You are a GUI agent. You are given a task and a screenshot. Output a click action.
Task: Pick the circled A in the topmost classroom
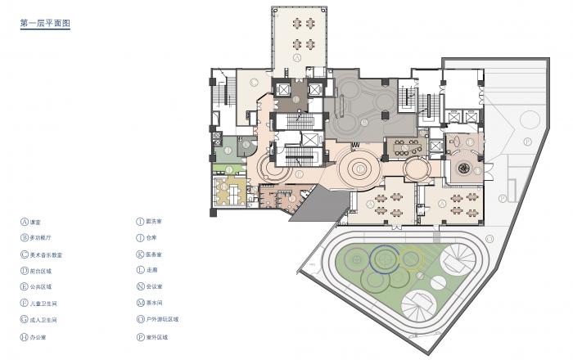(x=298, y=59)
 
